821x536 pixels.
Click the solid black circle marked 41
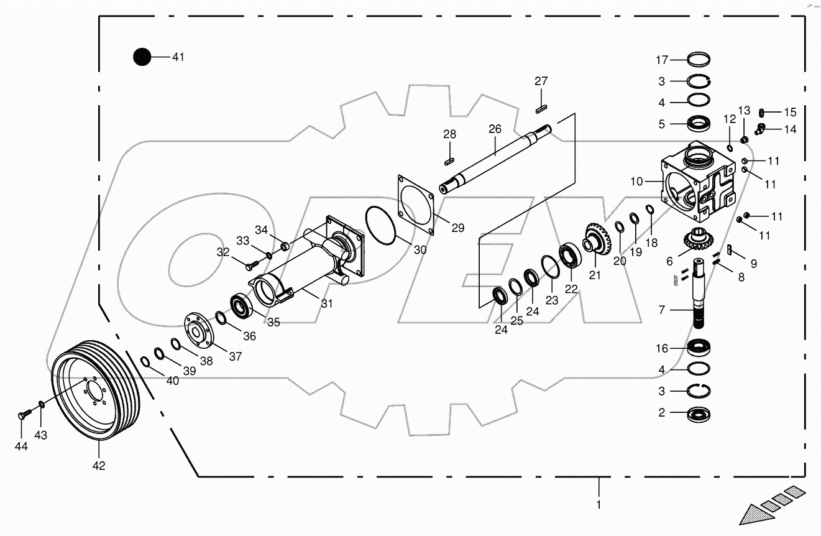142,57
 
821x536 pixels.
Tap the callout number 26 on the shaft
495,129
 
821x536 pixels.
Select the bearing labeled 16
700,348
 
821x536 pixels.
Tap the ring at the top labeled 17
699,60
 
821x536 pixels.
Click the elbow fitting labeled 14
759,129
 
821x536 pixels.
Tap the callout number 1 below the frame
599,505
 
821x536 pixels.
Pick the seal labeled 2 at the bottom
699,414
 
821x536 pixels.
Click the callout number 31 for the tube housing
327,303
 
